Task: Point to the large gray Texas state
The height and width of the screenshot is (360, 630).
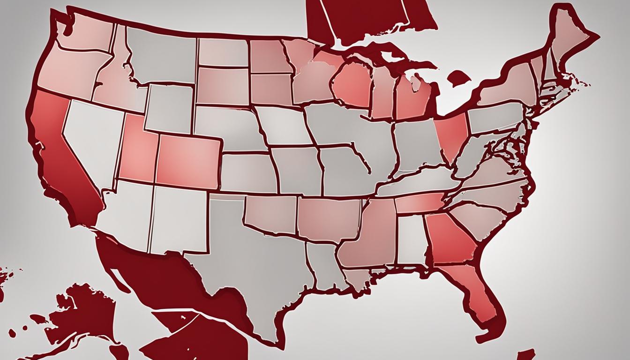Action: point(248,262)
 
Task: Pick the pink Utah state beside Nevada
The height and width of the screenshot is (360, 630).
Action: point(138,155)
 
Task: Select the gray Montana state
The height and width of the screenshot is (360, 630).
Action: point(162,54)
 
